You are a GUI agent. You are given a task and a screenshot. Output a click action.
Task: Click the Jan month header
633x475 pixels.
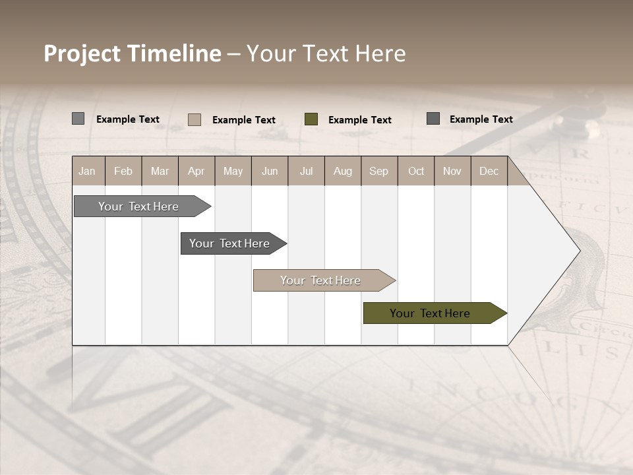coord(87,171)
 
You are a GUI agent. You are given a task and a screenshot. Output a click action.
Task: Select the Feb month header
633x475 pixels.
coord(123,171)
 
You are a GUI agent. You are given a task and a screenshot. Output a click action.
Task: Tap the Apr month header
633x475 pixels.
coord(196,171)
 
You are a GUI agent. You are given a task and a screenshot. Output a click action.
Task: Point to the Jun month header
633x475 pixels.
coord(270,171)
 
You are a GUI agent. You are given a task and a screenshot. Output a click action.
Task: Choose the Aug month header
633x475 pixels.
coord(343,171)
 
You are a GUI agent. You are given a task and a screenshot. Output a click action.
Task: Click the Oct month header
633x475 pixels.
coord(416,171)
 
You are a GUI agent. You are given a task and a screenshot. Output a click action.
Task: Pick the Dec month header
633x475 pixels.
coord(489,171)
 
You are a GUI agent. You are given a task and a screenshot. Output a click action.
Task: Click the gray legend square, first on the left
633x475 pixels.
coord(78,119)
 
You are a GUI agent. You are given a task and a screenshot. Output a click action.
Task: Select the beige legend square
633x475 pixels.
coord(195,119)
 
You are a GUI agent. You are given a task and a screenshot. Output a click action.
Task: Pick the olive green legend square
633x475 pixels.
coord(311,119)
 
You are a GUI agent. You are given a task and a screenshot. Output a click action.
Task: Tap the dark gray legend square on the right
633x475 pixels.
coord(433,119)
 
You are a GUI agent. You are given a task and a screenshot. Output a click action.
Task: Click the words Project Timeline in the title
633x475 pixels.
coord(132,53)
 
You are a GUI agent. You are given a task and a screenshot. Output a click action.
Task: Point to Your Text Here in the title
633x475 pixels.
coord(326,53)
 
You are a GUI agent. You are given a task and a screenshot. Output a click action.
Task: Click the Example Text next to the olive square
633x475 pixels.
coord(360,120)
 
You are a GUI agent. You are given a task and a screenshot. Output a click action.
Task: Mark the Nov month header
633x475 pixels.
coord(452,171)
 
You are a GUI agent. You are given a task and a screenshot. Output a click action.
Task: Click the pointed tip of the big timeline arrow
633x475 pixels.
coord(578,251)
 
